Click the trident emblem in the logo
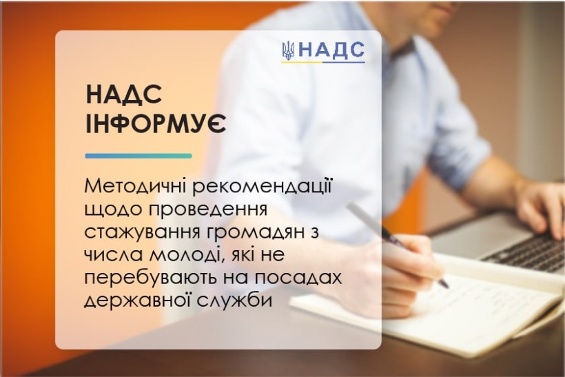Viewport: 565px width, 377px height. [288, 50]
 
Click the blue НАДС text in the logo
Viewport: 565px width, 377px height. [331, 50]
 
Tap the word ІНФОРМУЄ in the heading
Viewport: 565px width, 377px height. [156, 123]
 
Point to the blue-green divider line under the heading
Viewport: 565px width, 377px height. [138, 156]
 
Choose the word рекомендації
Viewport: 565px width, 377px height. [261, 187]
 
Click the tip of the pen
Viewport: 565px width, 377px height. [448, 287]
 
